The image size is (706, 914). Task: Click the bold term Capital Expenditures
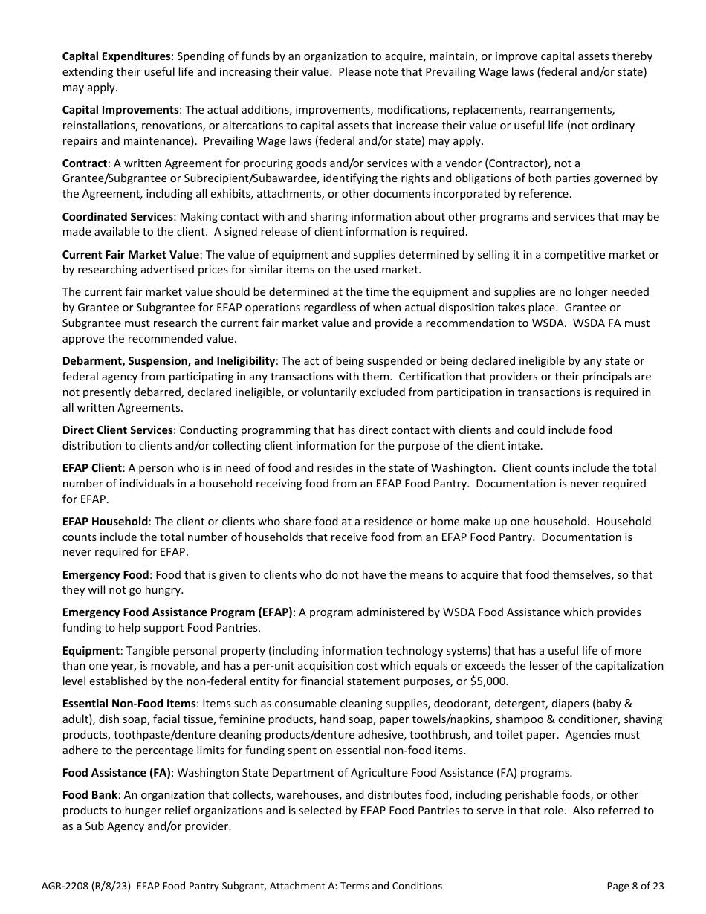pyautogui.click(x=117, y=56)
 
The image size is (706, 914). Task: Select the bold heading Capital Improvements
pyautogui.click(x=120, y=110)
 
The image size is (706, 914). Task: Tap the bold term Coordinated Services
pyautogui.click(x=117, y=216)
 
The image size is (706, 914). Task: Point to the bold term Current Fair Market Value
pyautogui.click(x=131, y=254)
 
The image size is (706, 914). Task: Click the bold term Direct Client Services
pyautogui.click(x=117, y=430)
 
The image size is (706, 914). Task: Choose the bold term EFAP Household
pyautogui.click(x=106, y=521)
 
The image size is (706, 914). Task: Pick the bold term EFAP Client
pyautogui.click(x=92, y=468)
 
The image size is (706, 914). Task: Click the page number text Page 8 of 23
pyautogui.click(x=635, y=886)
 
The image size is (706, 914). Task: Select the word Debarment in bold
pyautogui.click(x=91, y=361)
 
